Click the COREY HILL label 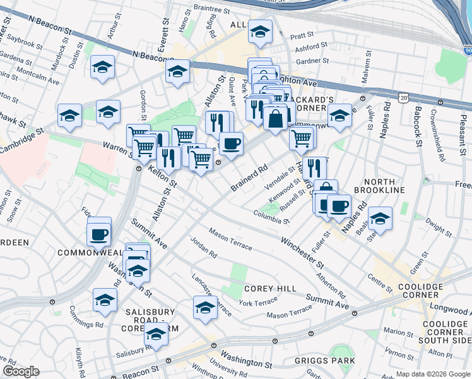(270, 289)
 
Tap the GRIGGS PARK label (324, 361)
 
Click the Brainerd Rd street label (250, 178)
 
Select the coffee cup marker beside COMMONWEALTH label (100, 234)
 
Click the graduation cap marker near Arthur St (102, 67)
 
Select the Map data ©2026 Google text (432, 374)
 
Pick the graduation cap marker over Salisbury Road (156, 334)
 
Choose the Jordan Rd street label (203, 248)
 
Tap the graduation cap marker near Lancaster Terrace (205, 308)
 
